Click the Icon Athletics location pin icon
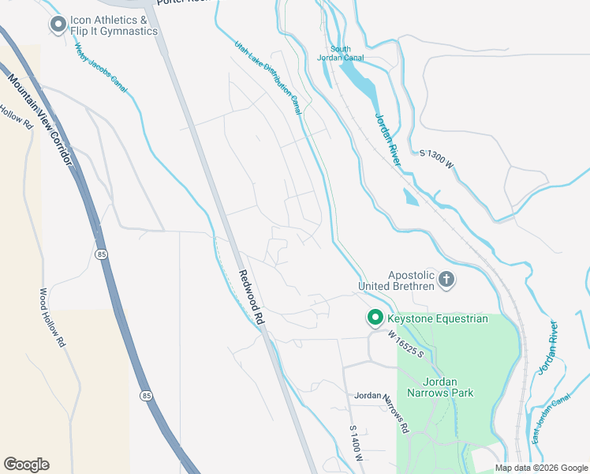coord(58,25)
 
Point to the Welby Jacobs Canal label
coord(101,68)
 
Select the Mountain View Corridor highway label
coord(40,118)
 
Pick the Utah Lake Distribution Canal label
coord(267,78)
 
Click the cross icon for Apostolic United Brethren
coord(447,279)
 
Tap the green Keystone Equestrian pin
coord(375,318)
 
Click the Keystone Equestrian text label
coord(438,318)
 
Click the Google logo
coord(26,465)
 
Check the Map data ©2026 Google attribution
coord(540,468)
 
